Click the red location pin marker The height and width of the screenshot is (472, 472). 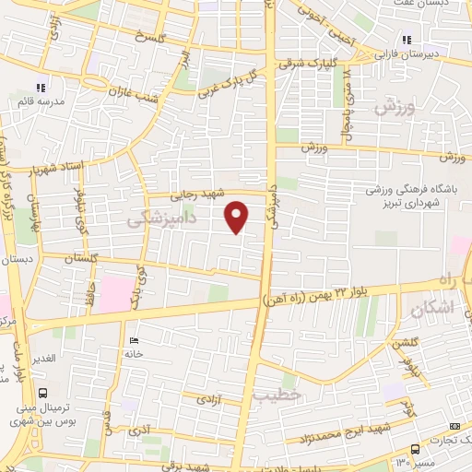click(x=238, y=218)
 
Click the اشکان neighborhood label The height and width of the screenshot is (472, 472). click(x=428, y=313)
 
